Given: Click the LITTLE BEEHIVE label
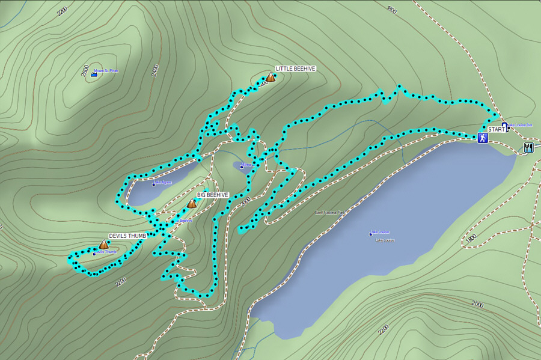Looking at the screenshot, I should (295, 69).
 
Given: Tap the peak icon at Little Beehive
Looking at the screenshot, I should (270, 77).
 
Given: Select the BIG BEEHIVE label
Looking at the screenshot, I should (213, 195).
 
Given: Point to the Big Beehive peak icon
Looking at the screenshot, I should (191, 204).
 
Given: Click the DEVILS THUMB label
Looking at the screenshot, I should (127, 236).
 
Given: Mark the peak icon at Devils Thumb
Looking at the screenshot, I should (103, 245).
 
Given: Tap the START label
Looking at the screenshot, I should (497, 129).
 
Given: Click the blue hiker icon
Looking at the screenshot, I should (482, 138).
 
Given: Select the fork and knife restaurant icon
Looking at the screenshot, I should (528, 147).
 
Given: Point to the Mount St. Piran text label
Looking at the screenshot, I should (106, 71).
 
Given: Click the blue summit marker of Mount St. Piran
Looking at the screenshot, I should (94, 73).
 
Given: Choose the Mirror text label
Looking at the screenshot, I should (246, 163).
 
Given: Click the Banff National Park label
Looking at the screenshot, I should (329, 212).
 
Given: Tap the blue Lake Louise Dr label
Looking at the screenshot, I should (521, 125).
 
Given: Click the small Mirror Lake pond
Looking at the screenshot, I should (242, 166).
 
